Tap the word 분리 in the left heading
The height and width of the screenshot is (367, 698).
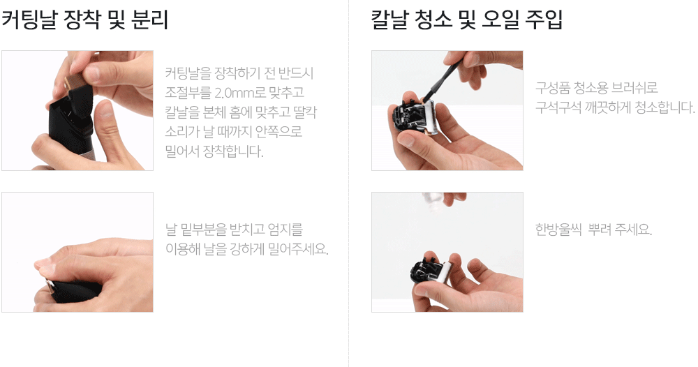pyautogui.click(x=149, y=20)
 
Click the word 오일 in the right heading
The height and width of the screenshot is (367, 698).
pyautogui.click(x=501, y=20)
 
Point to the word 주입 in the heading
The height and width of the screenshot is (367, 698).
pyautogui.click(x=545, y=20)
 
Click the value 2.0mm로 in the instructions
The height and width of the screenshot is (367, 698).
pyautogui.click(x=240, y=93)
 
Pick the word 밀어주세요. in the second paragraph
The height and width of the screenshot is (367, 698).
pyautogui.click(x=298, y=249)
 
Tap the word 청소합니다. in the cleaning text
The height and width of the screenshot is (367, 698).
pyautogui.click(x=665, y=107)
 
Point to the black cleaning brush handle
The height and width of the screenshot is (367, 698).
pyautogui.click(x=439, y=80)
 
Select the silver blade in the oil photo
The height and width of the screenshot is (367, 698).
pyautogui.click(x=440, y=273)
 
